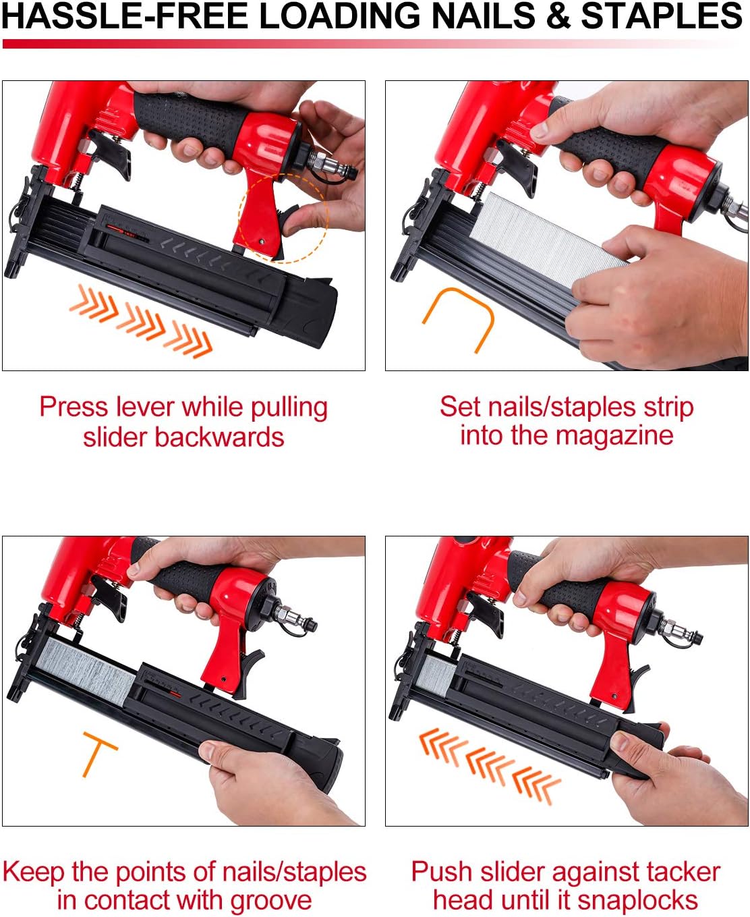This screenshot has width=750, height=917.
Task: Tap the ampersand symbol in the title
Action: [558, 17]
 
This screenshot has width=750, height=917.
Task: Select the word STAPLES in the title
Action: [662, 17]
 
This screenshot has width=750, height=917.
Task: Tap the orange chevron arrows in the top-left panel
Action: [142, 321]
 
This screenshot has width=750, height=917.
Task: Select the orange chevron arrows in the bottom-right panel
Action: [488, 765]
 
